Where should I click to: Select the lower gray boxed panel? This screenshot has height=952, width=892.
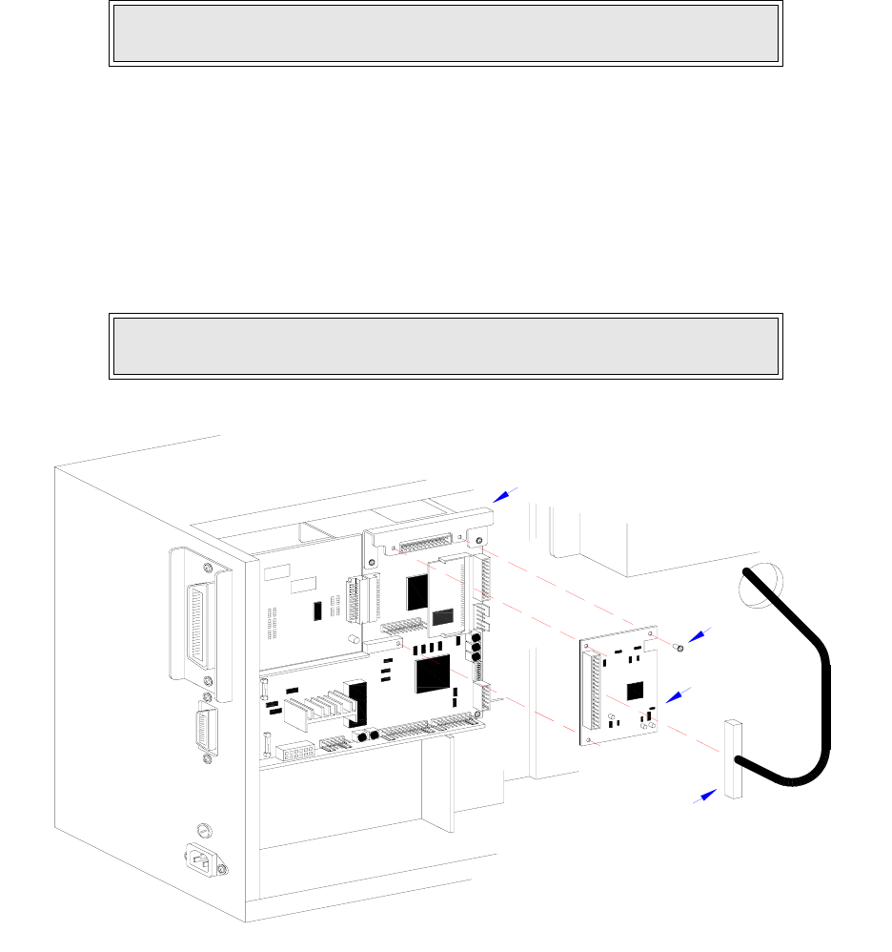445,345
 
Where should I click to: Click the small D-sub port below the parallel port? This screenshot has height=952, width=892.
205,733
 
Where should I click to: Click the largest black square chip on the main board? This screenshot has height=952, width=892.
433,673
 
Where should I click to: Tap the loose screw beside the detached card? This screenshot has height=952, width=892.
679,647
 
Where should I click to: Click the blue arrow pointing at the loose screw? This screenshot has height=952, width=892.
699,634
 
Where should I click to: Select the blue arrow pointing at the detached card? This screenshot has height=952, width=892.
679,696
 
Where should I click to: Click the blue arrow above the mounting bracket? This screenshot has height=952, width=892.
505,493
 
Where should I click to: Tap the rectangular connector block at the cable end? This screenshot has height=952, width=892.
732,758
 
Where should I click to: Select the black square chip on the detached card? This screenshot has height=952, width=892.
633,690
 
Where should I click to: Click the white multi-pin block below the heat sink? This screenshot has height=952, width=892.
295,754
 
